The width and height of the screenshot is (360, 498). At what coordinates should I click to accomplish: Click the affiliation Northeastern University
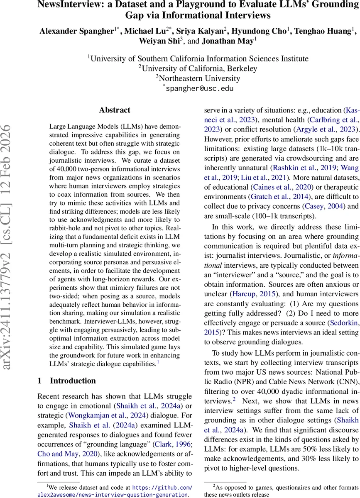[199, 78]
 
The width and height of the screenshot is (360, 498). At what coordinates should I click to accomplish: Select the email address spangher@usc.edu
[199, 88]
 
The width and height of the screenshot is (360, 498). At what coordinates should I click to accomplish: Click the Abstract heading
[115, 110]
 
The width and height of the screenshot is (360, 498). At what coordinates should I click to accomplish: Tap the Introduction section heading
[73, 381]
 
